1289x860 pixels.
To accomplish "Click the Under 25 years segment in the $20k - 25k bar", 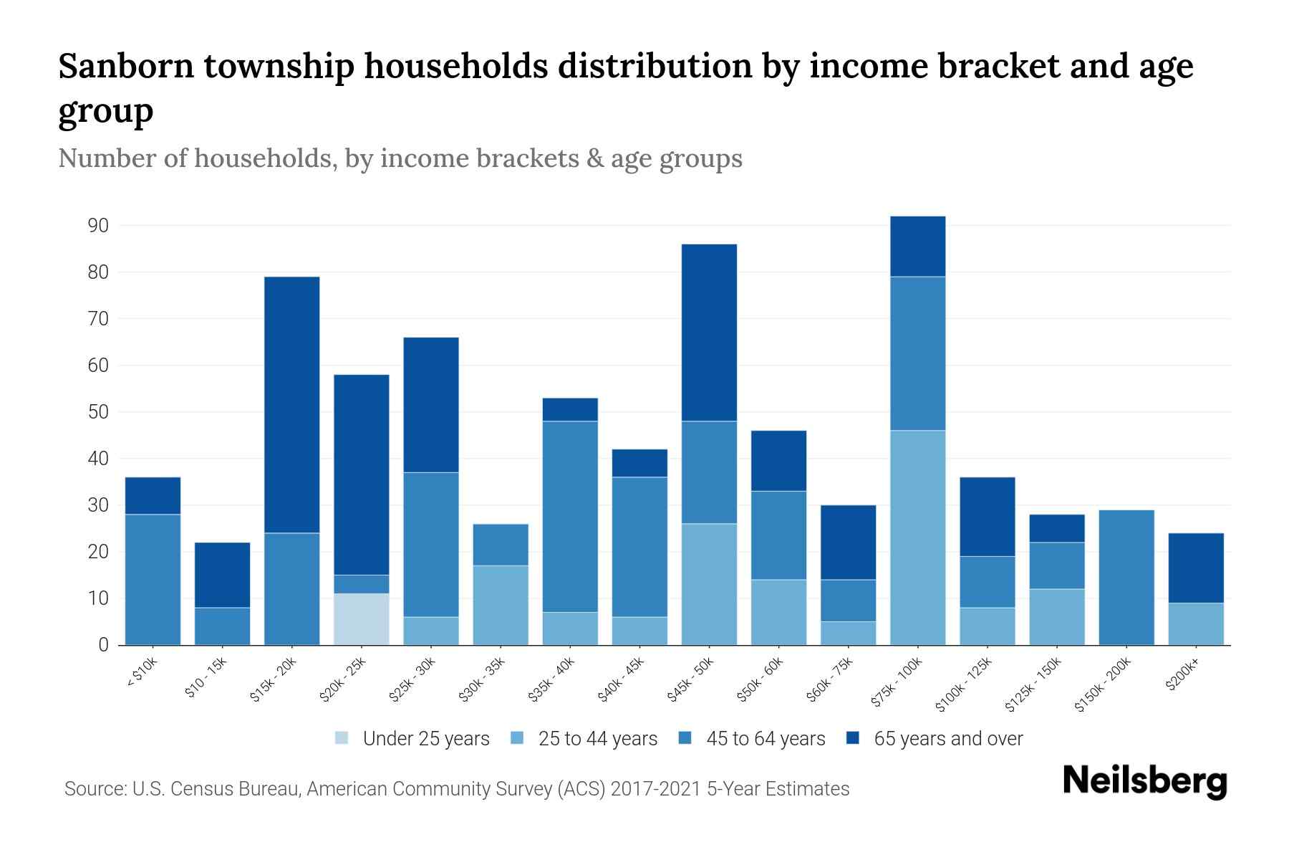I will point(362,619).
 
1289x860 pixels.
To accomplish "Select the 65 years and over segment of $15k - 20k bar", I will point(292,405).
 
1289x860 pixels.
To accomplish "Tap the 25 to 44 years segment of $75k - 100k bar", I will point(917,537).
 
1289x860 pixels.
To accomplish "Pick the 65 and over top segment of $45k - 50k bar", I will point(709,333).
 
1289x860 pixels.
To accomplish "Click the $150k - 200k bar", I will point(1126,578).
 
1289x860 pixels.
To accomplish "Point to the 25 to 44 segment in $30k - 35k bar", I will point(501,606).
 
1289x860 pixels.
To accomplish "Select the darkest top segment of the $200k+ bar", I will point(1196,568).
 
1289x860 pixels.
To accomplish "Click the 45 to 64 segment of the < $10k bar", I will point(153,580).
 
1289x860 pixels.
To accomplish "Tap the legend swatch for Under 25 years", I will point(342,738).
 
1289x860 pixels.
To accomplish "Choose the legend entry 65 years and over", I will point(948,739).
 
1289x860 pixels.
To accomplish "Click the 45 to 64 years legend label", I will point(766,739).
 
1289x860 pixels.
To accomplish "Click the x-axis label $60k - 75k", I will point(830,680).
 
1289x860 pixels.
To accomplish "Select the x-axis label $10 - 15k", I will point(206,679).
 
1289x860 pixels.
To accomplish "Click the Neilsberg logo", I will point(1144,782).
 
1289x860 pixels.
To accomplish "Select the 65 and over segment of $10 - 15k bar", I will point(223,575).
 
